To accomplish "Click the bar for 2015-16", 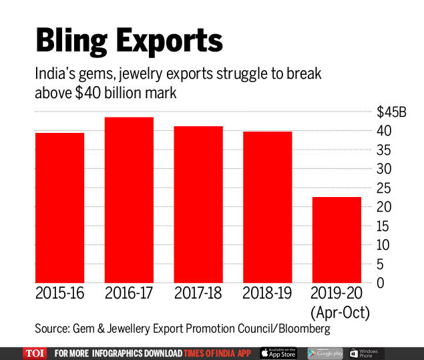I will click(x=59, y=207).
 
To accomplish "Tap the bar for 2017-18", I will click(x=198, y=204).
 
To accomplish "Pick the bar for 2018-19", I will click(x=268, y=206).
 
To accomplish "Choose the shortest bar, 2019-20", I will click(x=337, y=239).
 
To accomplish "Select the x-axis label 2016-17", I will click(x=129, y=293).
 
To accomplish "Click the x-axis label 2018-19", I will click(x=268, y=293).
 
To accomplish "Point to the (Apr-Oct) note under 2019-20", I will click(x=339, y=311).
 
